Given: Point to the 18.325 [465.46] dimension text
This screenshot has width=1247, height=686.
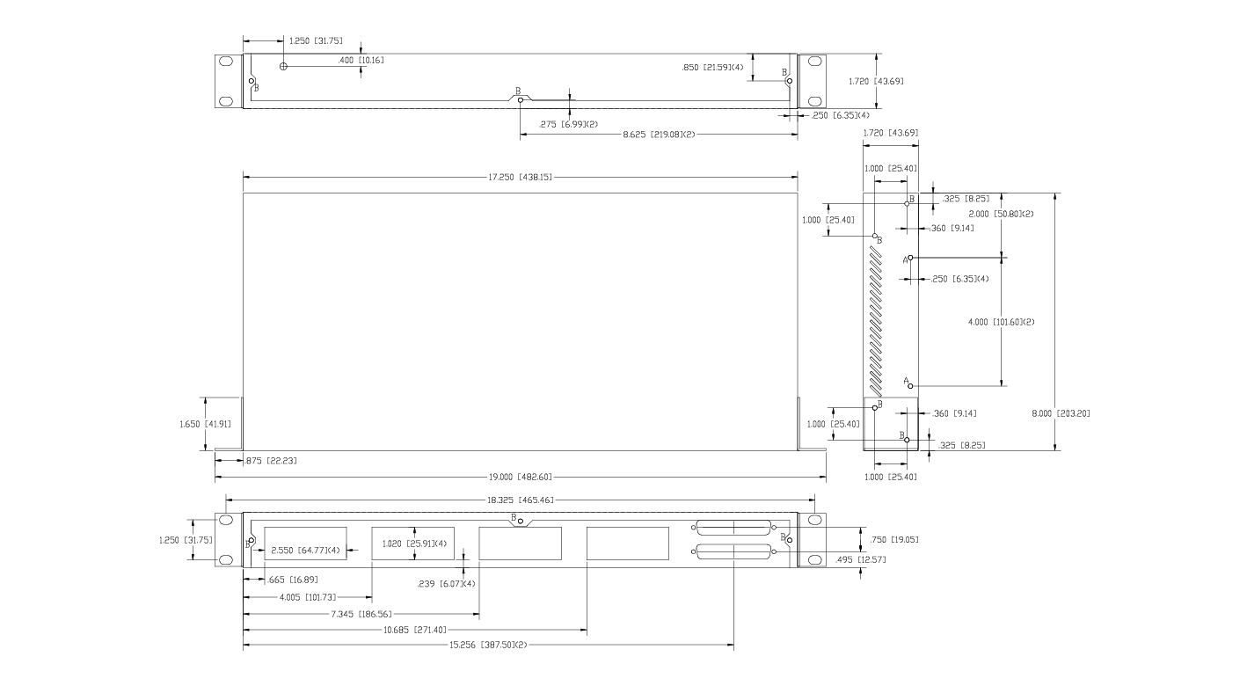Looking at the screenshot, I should pyautogui.click(x=521, y=500).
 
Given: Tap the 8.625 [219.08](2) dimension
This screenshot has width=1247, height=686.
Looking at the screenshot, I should pyautogui.click(x=659, y=135).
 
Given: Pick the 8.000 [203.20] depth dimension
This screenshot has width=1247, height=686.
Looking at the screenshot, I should pyautogui.click(x=1061, y=412).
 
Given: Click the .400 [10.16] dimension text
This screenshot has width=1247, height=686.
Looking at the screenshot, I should pyautogui.click(x=361, y=61).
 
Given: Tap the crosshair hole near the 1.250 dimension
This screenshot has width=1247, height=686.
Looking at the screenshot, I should pyautogui.click(x=283, y=66).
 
